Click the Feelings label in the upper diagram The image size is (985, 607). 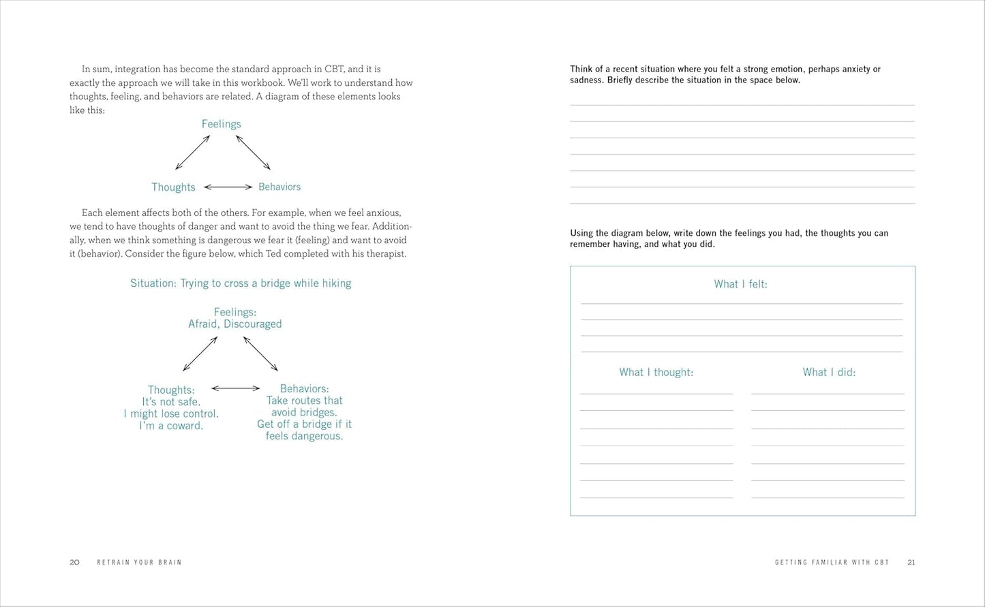pyautogui.click(x=221, y=124)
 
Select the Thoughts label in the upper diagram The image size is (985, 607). pyautogui.click(x=173, y=187)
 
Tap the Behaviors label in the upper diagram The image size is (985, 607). pyautogui.click(x=279, y=187)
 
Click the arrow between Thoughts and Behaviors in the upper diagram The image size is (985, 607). pyautogui.click(x=228, y=187)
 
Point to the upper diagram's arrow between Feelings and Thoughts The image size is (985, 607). pyautogui.click(x=192, y=152)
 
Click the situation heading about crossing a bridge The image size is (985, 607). pyautogui.click(x=241, y=283)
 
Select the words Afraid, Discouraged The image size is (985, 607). pyautogui.click(x=234, y=324)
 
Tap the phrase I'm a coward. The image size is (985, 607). pyautogui.click(x=171, y=426)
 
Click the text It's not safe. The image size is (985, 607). pyautogui.click(x=171, y=402)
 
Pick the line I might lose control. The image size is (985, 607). pyautogui.click(x=171, y=414)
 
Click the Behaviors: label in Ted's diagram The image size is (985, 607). pyautogui.click(x=304, y=389)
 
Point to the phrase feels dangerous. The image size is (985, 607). pyautogui.click(x=304, y=436)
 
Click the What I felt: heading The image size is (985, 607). pyautogui.click(x=740, y=284)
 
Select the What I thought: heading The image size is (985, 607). pyautogui.click(x=656, y=372)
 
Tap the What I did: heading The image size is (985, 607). pyautogui.click(x=829, y=372)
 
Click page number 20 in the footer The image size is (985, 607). pyautogui.click(x=74, y=562)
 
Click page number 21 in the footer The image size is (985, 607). pyautogui.click(x=911, y=562)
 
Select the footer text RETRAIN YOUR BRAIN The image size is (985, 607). pyautogui.click(x=139, y=563)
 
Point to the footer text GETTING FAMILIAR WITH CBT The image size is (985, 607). pyautogui.click(x=832, y=563)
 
